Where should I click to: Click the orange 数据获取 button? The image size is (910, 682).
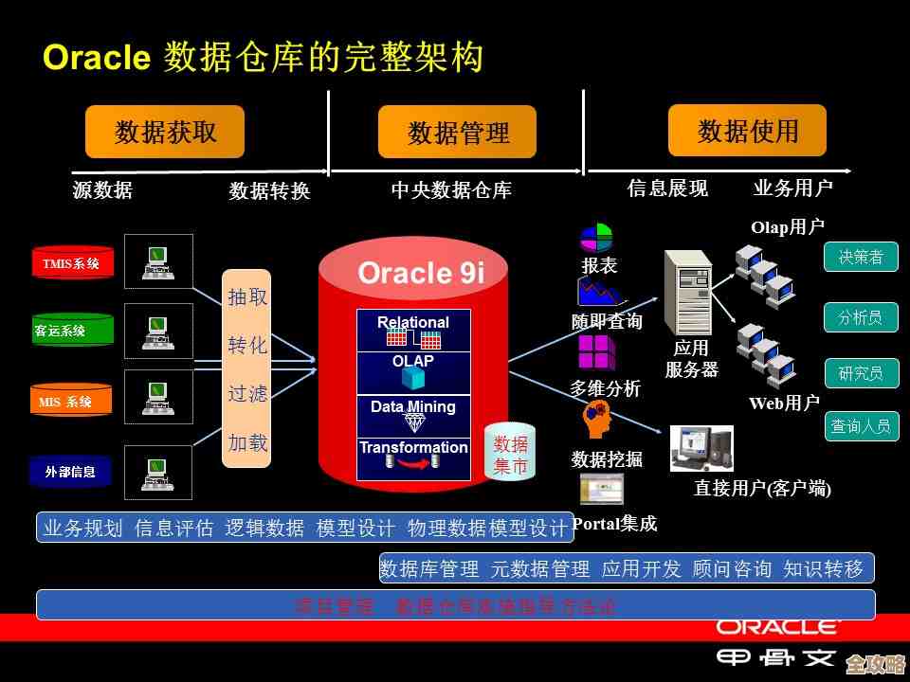pyautogui.click(x=165, y=132)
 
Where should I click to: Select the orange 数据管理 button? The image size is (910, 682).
pyautogui.click(x=457, y=133)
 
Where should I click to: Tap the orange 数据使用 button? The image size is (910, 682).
pyautogui.click(x=747, y=131)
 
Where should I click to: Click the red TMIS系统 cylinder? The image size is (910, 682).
pyautogui.click(x=72, y=263)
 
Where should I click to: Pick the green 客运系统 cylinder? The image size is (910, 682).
pyautogui.click(x=72, y=331)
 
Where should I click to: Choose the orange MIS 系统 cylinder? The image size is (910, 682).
pyautogui.click(x=71, y=402)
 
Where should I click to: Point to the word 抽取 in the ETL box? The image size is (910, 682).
pyautogui.click(x=246, y=297)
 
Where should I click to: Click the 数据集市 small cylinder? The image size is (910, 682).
pyautogui.click(x=511, y=454)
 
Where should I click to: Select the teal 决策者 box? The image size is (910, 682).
pyautogui.click(x=861, y=257)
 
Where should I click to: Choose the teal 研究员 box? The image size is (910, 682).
pyautogui.click(x=861, y=373)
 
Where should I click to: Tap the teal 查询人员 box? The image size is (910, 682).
pyautogui.click(x=861, y=426)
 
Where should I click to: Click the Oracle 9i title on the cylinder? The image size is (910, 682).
pyautogui.click(x=421, y=273)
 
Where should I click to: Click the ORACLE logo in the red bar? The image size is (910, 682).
pyautogui.click(x=778, y=626)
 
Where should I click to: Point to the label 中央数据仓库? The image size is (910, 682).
pyautogui.click(x=451, y=190)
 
